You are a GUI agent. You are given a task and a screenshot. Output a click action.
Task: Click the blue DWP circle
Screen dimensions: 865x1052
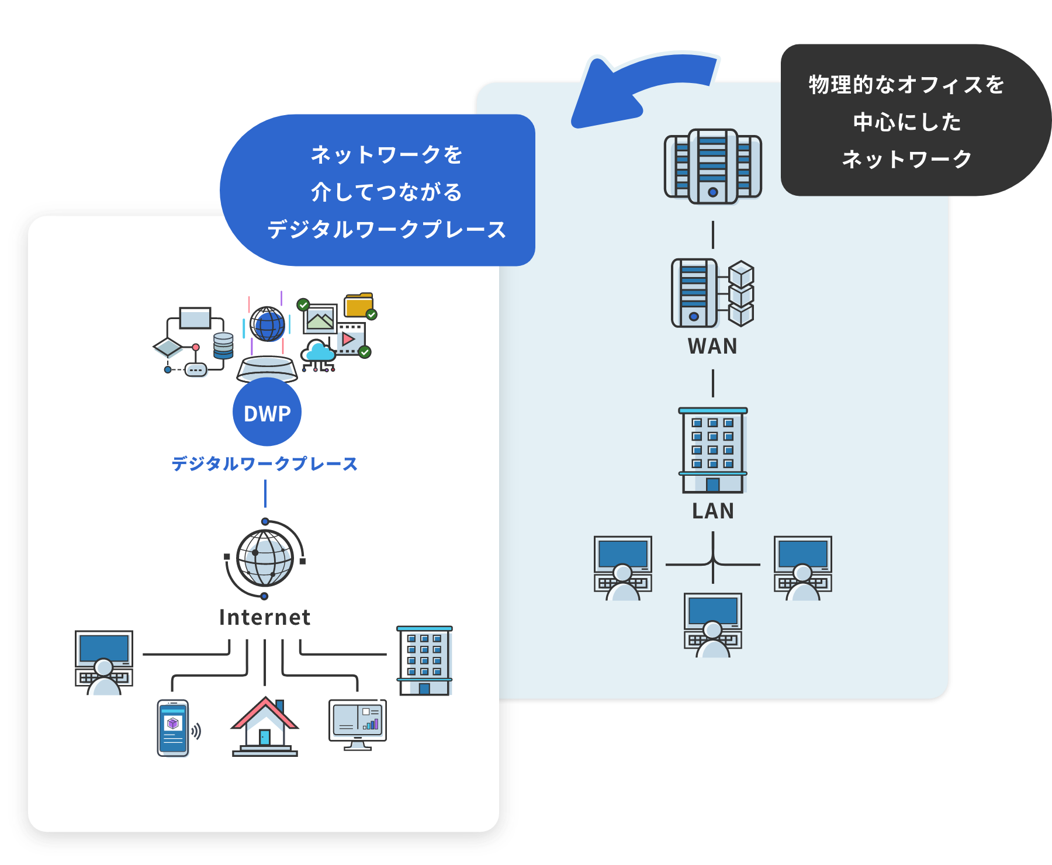coord(267,412)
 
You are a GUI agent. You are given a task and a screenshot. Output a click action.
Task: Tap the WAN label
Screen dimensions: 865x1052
coord(712,347)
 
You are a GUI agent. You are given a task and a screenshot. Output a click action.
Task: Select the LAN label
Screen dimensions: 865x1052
coord(712,511)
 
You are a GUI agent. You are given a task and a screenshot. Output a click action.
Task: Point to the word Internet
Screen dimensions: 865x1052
coord(265,618)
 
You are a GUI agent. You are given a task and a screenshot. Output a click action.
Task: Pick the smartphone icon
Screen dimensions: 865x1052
coord(173,728)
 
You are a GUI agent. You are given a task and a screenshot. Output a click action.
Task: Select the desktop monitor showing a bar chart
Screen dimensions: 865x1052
coord(358,724)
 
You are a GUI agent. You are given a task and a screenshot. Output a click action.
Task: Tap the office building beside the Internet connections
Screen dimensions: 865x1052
coord(425,660)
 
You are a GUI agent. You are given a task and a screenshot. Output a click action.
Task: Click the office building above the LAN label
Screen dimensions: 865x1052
coord(713,450)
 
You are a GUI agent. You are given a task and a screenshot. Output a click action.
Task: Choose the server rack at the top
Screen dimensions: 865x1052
coord(713,167)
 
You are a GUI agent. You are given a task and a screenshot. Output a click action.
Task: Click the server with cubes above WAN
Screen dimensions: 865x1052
coord(712,293)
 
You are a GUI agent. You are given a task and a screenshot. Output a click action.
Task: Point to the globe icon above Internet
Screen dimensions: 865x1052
coord(265,558)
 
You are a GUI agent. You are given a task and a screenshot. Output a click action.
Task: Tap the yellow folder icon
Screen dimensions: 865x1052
coord(358,305)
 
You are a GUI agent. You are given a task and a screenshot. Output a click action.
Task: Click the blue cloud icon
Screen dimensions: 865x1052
coord(319,352)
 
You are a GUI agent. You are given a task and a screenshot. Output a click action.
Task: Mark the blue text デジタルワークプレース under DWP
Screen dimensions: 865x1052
coord(264,464)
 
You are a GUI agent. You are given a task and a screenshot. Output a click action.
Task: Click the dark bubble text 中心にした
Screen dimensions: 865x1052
coord(907,122)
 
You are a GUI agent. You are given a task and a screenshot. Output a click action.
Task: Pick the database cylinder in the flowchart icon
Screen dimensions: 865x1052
coord(223,345)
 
